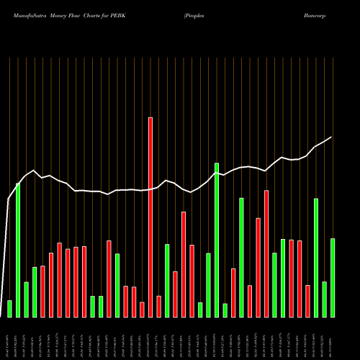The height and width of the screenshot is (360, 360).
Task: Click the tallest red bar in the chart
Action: [150, 217]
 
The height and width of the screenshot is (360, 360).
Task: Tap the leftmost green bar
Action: [9, 309]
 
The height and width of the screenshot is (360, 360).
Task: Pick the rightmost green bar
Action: [333, 277]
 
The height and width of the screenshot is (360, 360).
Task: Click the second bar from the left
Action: [18, 250]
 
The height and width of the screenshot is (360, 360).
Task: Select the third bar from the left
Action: [26, 299]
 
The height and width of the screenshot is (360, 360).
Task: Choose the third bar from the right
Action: [316, 257]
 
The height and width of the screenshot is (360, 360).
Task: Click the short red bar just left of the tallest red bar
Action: [142, 310]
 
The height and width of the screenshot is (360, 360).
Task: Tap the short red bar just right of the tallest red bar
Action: [158, 306]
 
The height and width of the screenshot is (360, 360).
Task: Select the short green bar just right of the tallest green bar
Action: [225, 310]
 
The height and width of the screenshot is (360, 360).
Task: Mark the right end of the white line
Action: [332, 137]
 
